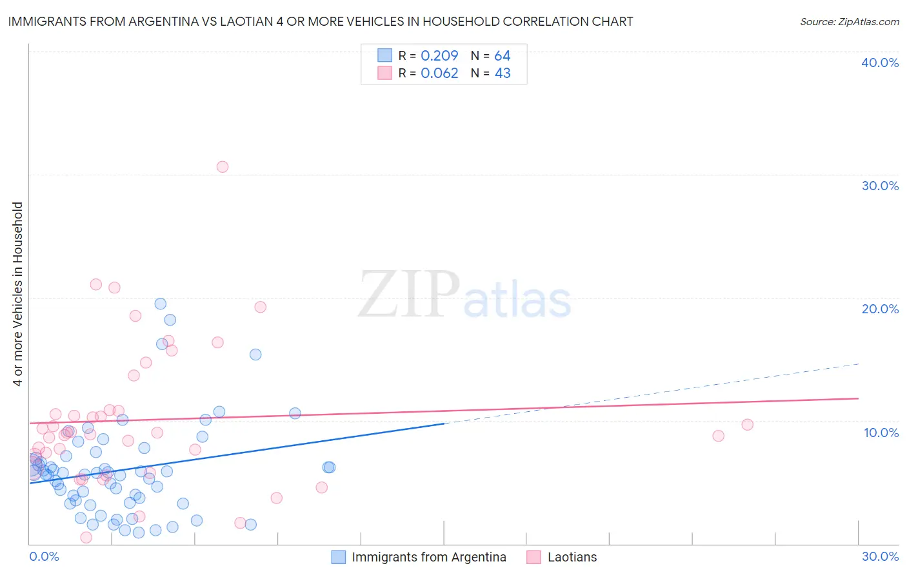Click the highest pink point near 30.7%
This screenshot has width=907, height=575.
[223, 167]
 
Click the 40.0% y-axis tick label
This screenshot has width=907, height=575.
[880, 63]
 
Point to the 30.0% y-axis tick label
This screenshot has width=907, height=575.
[880, 186]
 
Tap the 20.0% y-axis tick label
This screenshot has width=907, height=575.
[880, 309]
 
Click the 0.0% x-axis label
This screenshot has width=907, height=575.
[44, 556]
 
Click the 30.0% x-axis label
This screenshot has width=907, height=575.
[880, 556]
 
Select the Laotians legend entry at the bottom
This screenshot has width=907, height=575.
[572, 557]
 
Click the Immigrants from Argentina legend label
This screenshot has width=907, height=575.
[428, 557]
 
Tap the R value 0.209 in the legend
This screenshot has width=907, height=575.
[439, 56]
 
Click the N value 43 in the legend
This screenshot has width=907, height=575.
[503, 73]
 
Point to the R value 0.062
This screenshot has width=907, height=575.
[439, 73]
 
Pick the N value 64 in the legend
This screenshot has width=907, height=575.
[503, 56]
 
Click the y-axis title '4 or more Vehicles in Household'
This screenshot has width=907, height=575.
[18, 294]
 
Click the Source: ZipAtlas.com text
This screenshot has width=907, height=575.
[849, 22]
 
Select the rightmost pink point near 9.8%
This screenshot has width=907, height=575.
[748, 425]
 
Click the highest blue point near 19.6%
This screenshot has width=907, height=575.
[161, 304]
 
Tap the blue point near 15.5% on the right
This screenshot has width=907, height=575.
[255, 355]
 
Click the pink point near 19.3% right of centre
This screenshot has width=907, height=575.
[261, 307]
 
